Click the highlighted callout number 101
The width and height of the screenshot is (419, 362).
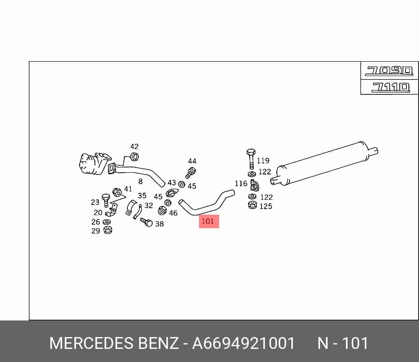(208, 221)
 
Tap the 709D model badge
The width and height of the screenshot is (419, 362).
(389, 71)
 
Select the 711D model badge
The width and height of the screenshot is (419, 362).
(391, 87)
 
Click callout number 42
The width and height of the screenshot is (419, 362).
(134, 146)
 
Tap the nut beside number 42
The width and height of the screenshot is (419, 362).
(134, 157)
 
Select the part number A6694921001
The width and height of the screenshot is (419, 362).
(244, 343)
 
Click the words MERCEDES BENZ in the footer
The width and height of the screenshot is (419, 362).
(114, 343)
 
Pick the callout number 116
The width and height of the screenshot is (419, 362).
(241, 184)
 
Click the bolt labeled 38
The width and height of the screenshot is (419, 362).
(146, 222)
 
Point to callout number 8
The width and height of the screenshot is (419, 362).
(140, 181)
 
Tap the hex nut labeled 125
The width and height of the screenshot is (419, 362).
(252, 205)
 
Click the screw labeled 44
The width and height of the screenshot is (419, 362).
(191, 173)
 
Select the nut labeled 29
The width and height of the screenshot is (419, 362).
(108, 230)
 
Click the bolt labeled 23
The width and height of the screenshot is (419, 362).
(106, 200)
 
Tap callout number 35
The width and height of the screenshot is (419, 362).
(142, 195)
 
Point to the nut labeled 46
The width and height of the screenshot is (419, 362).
(162, 211)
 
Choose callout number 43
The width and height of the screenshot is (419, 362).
(172, 182)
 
